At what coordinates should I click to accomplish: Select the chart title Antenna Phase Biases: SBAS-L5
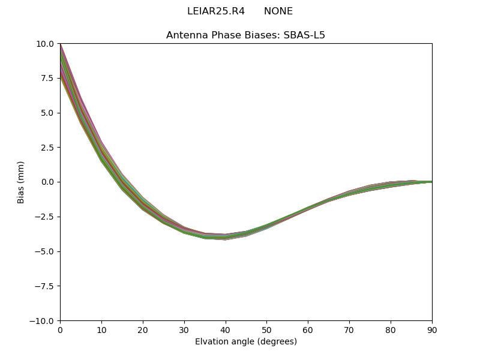click(245, 35)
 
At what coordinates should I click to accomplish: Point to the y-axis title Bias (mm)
click(21, 182)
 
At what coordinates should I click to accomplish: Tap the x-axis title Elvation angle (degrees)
click(245, 341)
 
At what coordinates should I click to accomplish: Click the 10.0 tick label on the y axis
click(45, 44)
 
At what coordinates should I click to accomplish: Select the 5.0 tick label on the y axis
click(47, 113)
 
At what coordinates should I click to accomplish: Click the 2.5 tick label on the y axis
click(47, 148)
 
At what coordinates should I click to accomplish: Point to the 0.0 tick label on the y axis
click(47, 182)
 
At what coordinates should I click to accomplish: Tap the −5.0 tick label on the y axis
click(44, 251)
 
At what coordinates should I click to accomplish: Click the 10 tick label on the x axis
click(101, 329)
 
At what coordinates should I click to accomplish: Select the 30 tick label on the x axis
click(184, 329)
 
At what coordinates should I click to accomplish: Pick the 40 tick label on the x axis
click(226, 329)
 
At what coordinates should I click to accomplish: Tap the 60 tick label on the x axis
click(308, 329)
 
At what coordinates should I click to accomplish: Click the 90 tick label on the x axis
click(431, 329)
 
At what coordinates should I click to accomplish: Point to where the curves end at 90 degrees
click(431, 182)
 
